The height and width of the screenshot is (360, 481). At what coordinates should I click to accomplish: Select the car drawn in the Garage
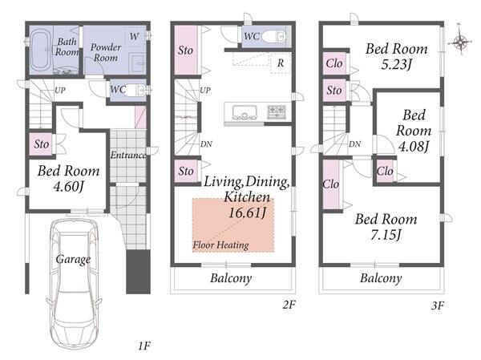point(74,283)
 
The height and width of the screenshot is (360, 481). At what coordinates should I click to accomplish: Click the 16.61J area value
point(247,212)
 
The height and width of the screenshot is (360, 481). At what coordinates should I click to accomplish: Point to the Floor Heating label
point(221,245)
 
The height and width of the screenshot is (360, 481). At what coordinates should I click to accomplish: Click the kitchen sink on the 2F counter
point(245,112)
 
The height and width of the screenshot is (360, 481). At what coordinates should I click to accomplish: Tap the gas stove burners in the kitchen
point(277,111)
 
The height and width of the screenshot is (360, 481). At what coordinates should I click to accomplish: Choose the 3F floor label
point(438,305)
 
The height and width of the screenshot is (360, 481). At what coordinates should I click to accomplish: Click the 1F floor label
point(143,346)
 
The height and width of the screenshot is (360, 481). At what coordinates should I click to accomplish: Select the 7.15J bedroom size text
point(386,236)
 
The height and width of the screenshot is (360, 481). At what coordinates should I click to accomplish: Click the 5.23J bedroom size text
point(396,65)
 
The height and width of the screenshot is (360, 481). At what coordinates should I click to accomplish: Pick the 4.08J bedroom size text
point(413,147)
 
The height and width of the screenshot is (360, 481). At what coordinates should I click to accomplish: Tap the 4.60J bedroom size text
point(68,187)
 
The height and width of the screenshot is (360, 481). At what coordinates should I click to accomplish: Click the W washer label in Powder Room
point(134,37)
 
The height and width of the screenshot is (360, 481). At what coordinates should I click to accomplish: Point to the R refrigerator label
point(281,63)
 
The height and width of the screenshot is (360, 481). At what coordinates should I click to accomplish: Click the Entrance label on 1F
point(128,156)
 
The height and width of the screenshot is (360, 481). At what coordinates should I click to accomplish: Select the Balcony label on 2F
point(231,278)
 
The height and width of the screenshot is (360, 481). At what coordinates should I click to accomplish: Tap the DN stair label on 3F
point(354,144)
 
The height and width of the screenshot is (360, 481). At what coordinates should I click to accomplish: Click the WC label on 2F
point(252,37)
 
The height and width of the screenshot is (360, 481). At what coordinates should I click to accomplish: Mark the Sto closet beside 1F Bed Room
point(42,144)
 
